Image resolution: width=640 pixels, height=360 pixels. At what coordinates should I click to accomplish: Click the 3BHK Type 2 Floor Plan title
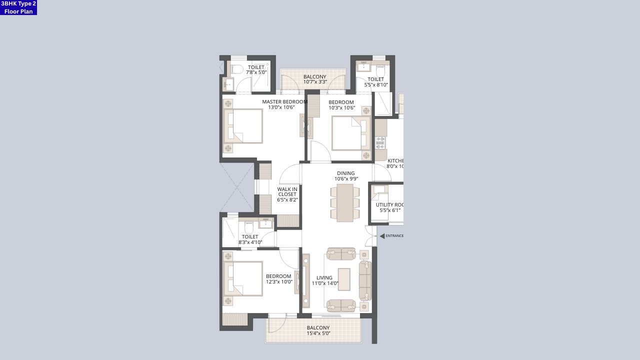tap(18, 7)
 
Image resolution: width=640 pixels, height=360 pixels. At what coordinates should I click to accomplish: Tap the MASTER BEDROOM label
tap(284, 101)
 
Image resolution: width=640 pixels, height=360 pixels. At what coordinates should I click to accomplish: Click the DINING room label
tap(345, 173)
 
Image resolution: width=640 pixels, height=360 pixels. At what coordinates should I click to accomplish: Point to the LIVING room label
tap(324, 278)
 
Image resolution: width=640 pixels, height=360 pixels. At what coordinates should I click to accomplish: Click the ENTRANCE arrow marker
tap(382, 236)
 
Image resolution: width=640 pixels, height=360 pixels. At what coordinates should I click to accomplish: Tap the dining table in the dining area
tap(345, 203)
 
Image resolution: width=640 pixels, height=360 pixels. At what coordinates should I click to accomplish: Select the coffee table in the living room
tap(344, 279)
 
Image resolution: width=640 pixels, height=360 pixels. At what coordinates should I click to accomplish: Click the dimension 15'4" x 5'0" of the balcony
tap(318, 333)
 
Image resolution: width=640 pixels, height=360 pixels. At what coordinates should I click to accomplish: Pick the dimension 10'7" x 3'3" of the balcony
tap(315, 82)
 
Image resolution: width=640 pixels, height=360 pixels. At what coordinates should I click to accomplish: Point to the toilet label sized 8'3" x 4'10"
tap(250, 237)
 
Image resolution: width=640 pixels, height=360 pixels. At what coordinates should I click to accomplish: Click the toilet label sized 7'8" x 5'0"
tap(256, 67)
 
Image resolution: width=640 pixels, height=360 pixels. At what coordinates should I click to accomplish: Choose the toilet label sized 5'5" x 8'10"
tap(376, 79)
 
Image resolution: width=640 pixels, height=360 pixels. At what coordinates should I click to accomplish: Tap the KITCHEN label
tap(395, 161)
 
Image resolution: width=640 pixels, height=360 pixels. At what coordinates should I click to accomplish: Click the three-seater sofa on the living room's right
tap(365, 280)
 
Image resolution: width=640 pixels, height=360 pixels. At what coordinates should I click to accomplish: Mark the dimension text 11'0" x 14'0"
tap(325, 283)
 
